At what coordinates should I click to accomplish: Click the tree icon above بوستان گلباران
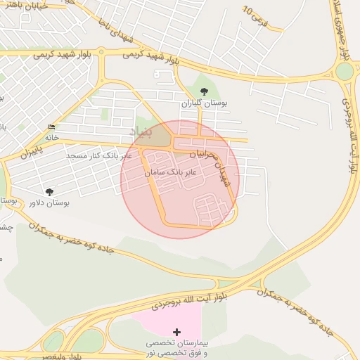[x=204, y=91]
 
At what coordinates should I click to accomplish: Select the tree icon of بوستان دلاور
[x=49, y=191]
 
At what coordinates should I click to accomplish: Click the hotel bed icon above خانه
[x=51, y=127]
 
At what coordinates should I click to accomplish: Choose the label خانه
[x=52, y=137]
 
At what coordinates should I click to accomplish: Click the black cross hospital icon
[x=176, y=331]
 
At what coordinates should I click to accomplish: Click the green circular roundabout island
[x=345, y=71]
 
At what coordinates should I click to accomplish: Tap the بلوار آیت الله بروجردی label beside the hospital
[x=190, y=301]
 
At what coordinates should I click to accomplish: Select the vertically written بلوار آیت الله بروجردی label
[x=349, y=134]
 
